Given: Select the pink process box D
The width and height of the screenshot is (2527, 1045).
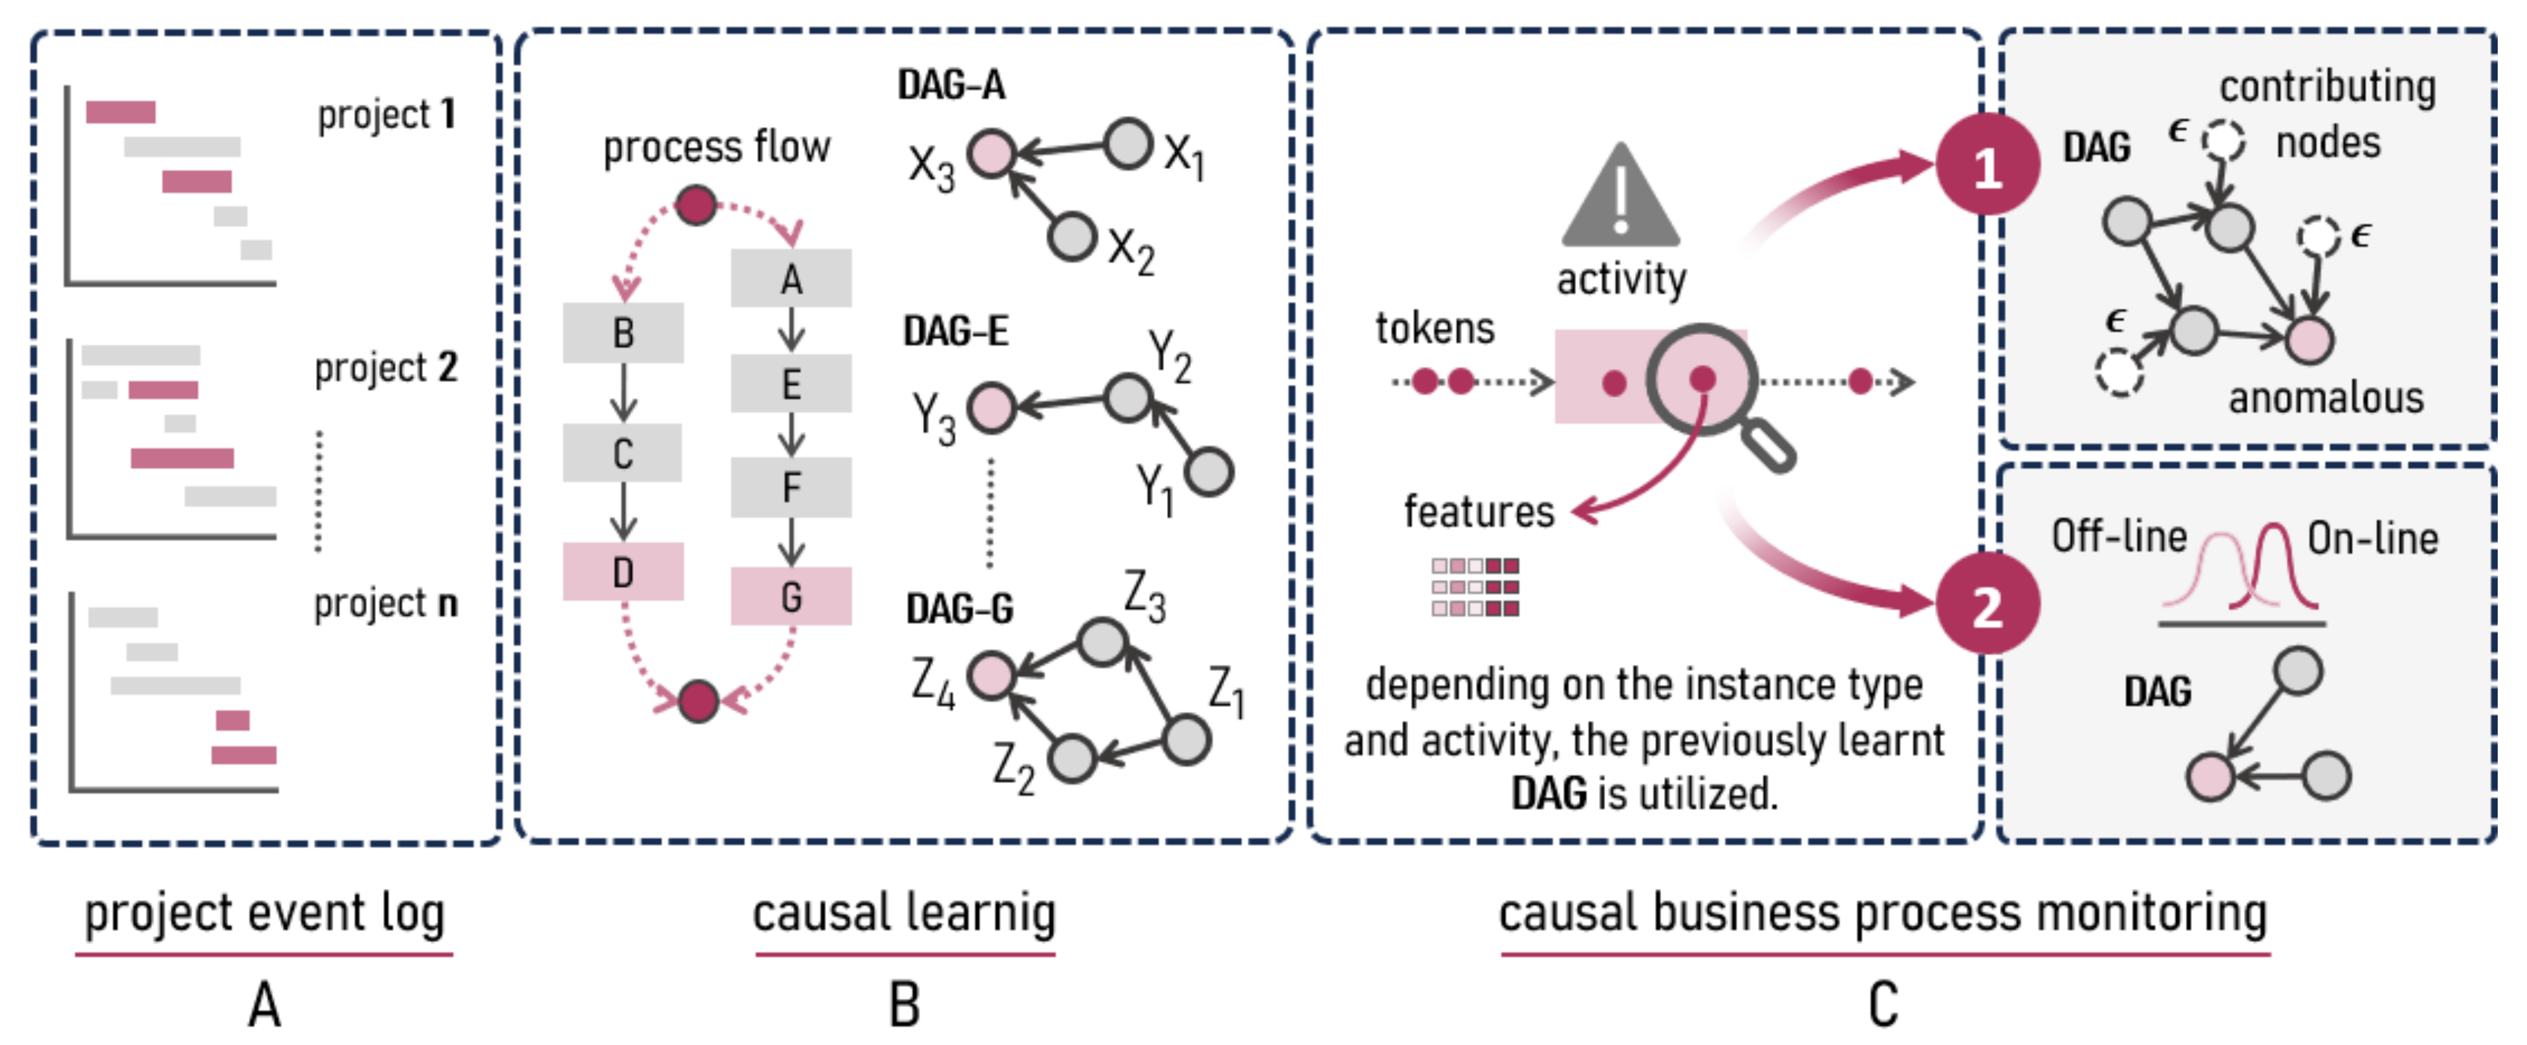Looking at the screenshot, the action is tap(623, 571).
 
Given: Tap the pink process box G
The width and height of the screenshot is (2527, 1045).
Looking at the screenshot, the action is tap(791, 595).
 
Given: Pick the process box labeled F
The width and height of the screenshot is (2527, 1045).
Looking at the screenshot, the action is tap(791, 487).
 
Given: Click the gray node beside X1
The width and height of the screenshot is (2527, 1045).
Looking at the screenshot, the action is tap(1128, 143).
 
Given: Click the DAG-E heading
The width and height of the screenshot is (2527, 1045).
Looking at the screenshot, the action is tap(956, 332).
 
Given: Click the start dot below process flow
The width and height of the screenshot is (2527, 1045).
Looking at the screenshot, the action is tap(696, 205).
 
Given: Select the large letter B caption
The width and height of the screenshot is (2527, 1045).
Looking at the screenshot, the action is tap(905, 1005).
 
